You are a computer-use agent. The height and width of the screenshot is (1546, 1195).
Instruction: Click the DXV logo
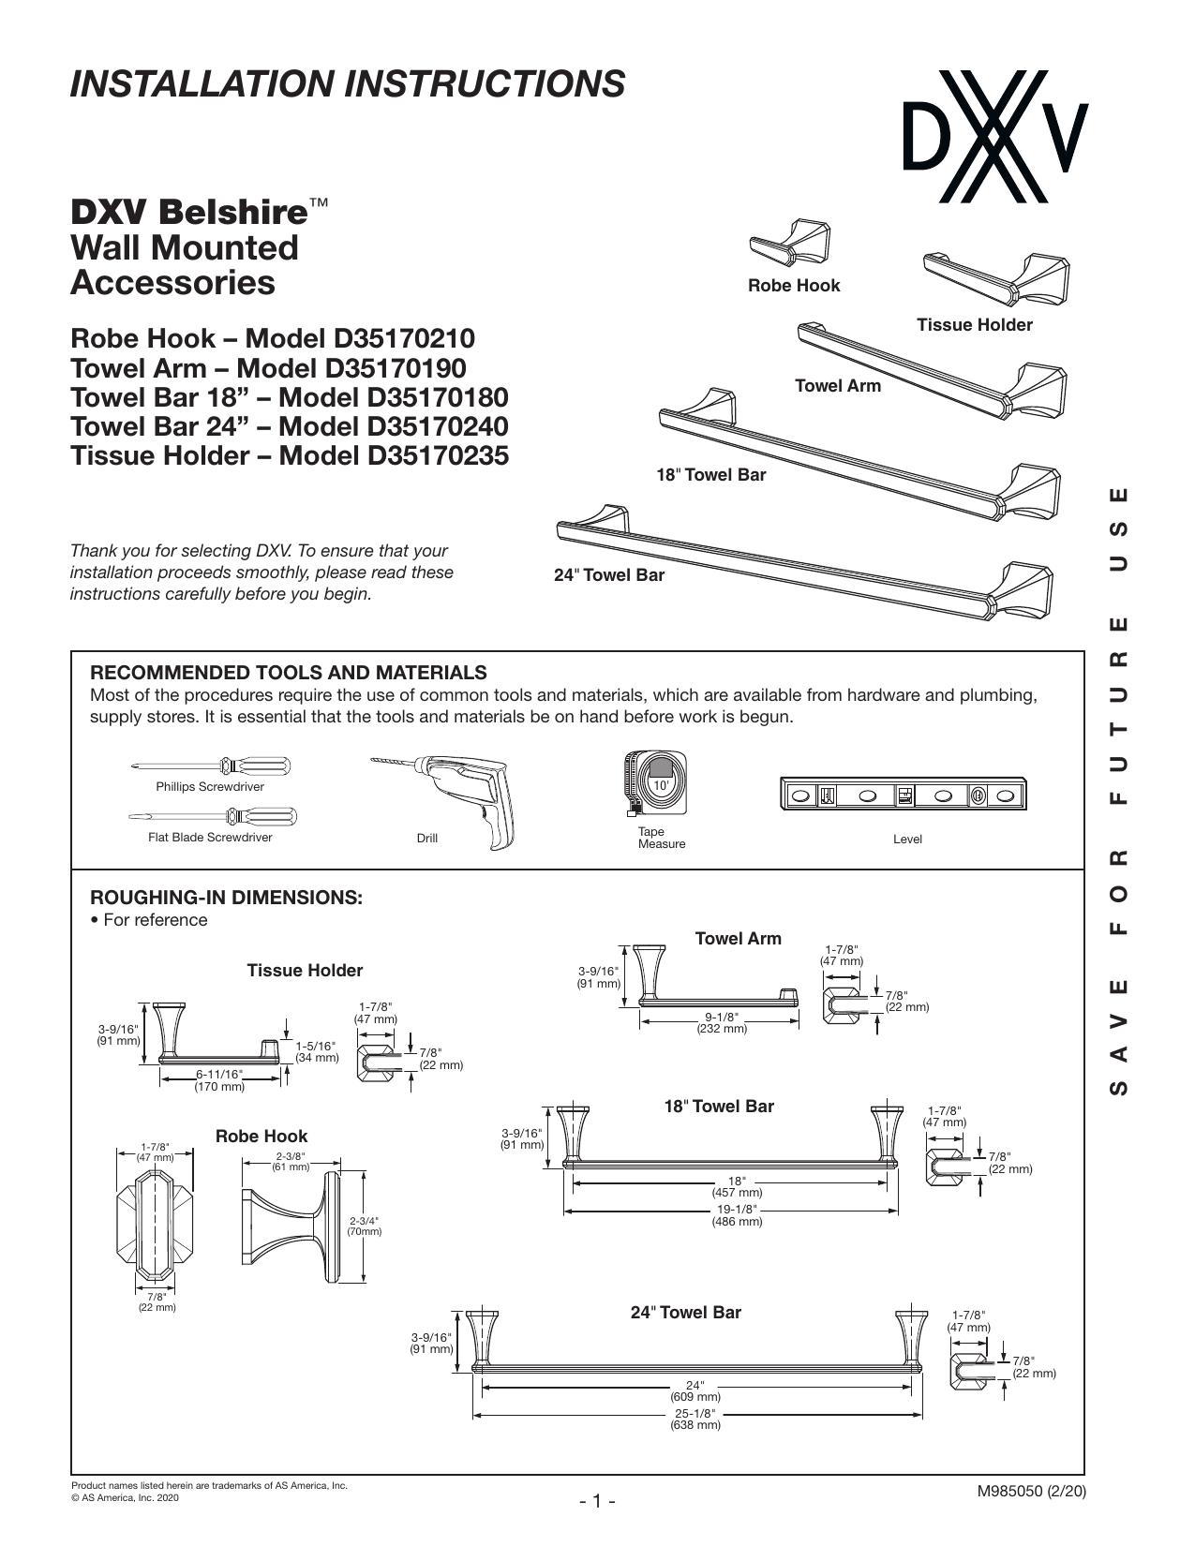pyautogui.click(x=995, y=136)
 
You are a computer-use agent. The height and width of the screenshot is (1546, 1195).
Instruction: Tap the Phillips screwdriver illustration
pyautogui.click(x=212, y=766)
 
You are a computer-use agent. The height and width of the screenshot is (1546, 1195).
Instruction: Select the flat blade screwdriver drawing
pyautogui.click(x=213, y=816)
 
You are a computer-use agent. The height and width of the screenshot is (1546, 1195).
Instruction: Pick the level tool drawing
pyautogui.click(x=904, y=794)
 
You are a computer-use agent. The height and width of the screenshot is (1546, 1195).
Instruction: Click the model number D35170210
pyautogui.click(x=404, y=338)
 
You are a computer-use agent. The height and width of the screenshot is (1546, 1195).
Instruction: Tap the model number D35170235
pyautogui.click(x=438, y=455)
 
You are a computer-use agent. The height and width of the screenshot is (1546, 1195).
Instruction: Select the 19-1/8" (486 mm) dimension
pyautogui.click(x=737, y=1215)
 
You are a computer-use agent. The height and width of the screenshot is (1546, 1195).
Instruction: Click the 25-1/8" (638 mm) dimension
pyautogui.click(x=695, y=1420)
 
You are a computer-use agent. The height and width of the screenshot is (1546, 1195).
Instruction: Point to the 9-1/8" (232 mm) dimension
pyautogui.click(x=722, y=1022)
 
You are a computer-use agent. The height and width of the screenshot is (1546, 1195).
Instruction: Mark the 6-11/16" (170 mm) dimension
pyautogui.click(x=219, y=1080)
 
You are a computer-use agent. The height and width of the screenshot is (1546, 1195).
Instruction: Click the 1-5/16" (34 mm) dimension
pyautogui.click(x=318, y=1051)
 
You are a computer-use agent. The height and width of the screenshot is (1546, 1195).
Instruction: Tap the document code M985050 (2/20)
pyautogui.click(x=1031, y=1492)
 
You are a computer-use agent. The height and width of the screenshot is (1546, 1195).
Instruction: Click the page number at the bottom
pyautogui.click(x=597, y=1501)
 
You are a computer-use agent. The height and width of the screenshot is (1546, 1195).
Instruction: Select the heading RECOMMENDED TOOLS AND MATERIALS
pyautogui.click(x=289, y=673)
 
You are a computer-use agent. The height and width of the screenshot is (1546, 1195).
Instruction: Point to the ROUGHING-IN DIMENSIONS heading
pyautogui.click(x=226, y=898)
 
